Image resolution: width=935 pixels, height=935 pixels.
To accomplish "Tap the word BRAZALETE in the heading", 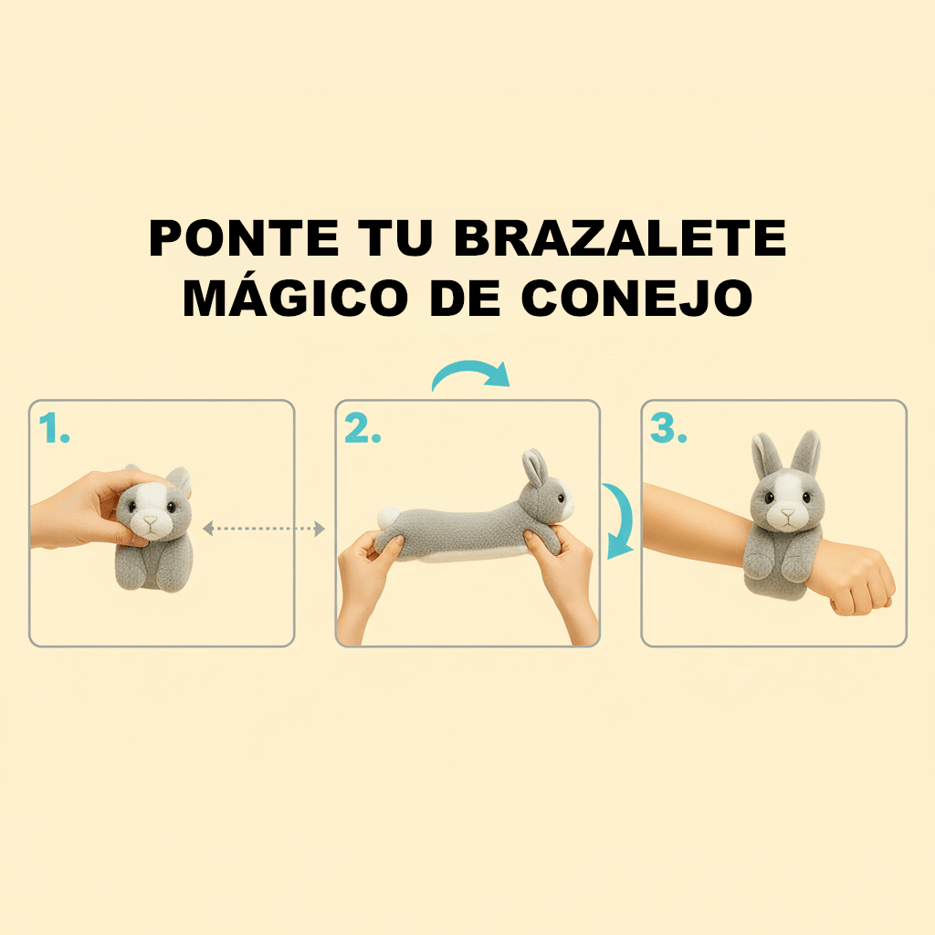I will pyautogui.click(x=620, y=239).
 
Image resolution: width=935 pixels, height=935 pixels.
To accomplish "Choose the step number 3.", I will pyautogui.click(x=668, y=428).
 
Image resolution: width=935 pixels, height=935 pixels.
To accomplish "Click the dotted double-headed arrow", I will pyautogui.click(x=264, y=528).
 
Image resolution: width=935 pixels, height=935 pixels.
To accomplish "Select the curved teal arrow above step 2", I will pyautogui.click(x=469, y=374).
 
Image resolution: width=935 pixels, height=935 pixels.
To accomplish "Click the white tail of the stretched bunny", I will pyautogui.click(x=387, y=518).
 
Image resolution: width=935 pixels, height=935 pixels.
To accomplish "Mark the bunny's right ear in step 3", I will pyautogui.click(x=807, y=452).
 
